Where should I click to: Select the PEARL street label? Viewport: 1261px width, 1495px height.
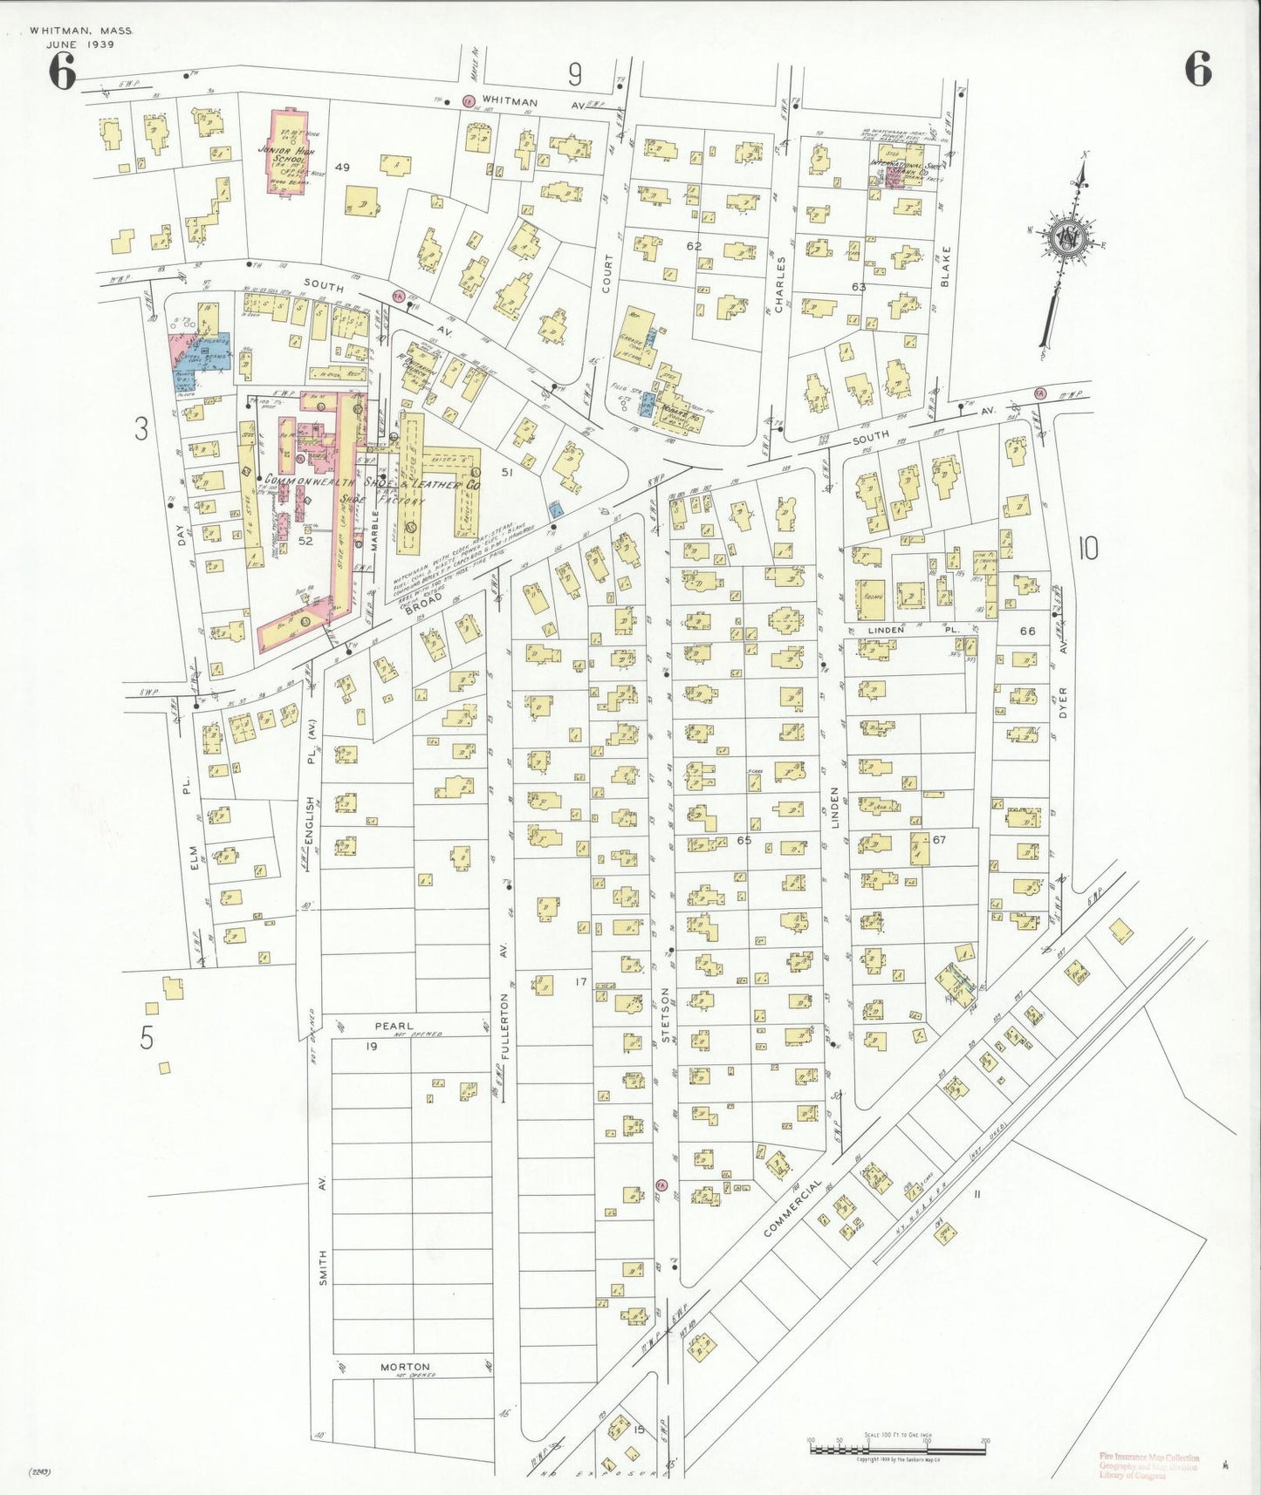tap(394, 1027)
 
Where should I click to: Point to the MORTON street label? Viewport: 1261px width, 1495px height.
tap(405, 1367)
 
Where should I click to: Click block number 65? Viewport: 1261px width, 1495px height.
tap(744, 841)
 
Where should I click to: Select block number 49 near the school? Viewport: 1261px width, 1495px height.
tap(342, 167)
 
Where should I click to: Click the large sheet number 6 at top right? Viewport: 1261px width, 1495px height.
tap(1197, 69)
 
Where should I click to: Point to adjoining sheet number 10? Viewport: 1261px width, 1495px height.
tap(1087, 549)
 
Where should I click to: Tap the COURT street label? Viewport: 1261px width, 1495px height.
tap(607, 273)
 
